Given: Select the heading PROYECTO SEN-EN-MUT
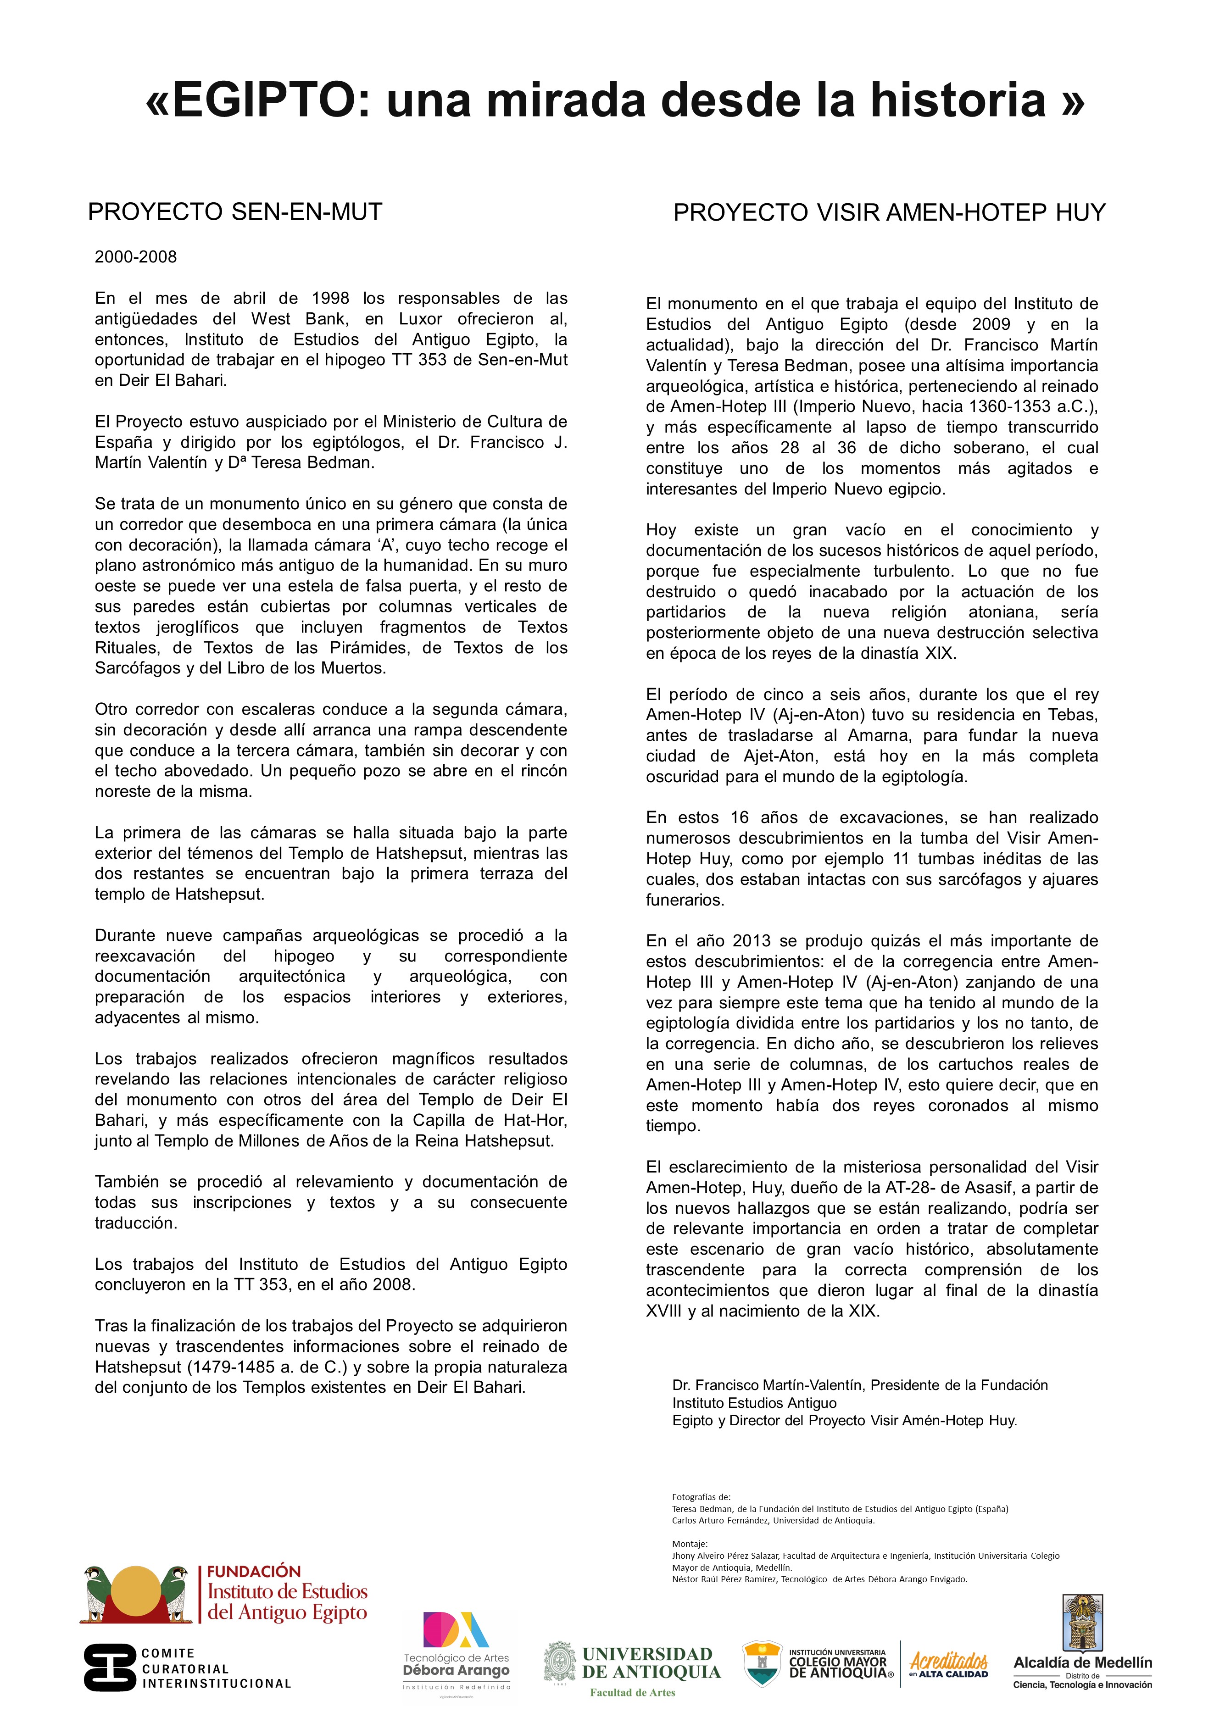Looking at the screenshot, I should point(235,212).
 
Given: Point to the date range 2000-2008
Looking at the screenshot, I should point(136,257).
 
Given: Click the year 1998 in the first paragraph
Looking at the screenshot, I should point(331,298).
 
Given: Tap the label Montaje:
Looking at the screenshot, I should point(690,1544).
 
